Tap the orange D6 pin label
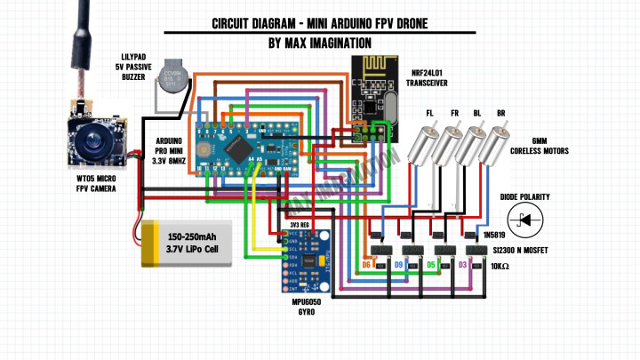367,265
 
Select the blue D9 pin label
399,265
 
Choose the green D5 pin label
431,265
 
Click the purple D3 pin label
462,265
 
